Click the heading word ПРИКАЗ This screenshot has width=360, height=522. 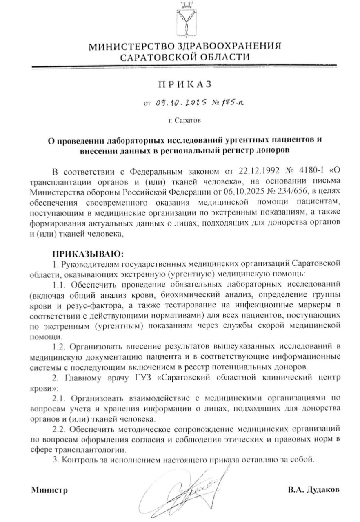click(x=185, y=84)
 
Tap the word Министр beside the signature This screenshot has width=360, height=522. click(x=49, y=490)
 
